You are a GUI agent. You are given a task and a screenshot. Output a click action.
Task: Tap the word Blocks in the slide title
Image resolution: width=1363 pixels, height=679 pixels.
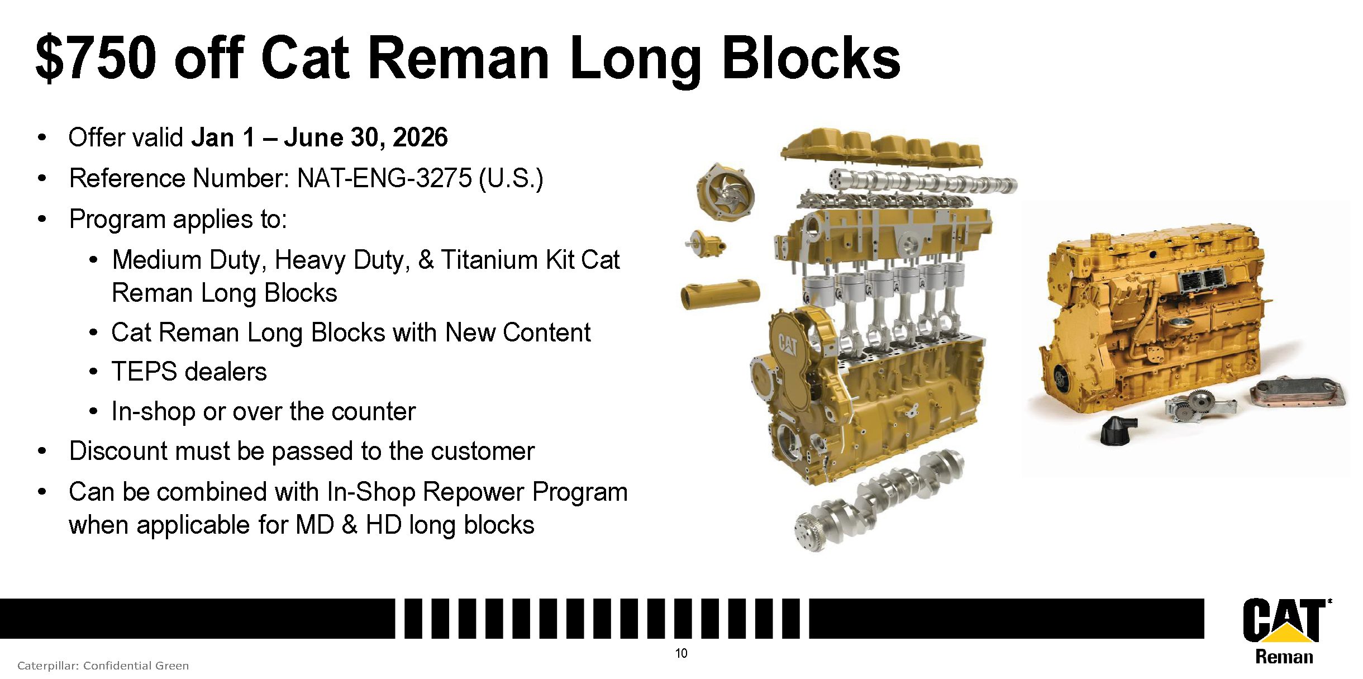[811, 58]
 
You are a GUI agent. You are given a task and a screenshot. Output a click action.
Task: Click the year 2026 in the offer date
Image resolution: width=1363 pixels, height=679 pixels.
[420, 137]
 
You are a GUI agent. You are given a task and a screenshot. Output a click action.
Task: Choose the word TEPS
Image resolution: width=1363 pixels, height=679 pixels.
[144, 372]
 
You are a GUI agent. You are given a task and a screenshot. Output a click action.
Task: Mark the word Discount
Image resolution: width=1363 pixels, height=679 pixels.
[118, 451]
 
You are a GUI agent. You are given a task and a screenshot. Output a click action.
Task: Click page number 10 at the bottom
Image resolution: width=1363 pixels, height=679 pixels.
[681, 653]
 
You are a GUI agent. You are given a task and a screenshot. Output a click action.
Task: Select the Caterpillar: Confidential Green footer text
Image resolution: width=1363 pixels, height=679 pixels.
[103, 666]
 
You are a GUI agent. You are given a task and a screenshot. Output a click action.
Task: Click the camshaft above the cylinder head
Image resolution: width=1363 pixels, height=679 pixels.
[922, 181]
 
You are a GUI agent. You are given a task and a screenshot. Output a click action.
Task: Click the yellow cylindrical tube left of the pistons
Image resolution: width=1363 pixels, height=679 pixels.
[719, 293]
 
